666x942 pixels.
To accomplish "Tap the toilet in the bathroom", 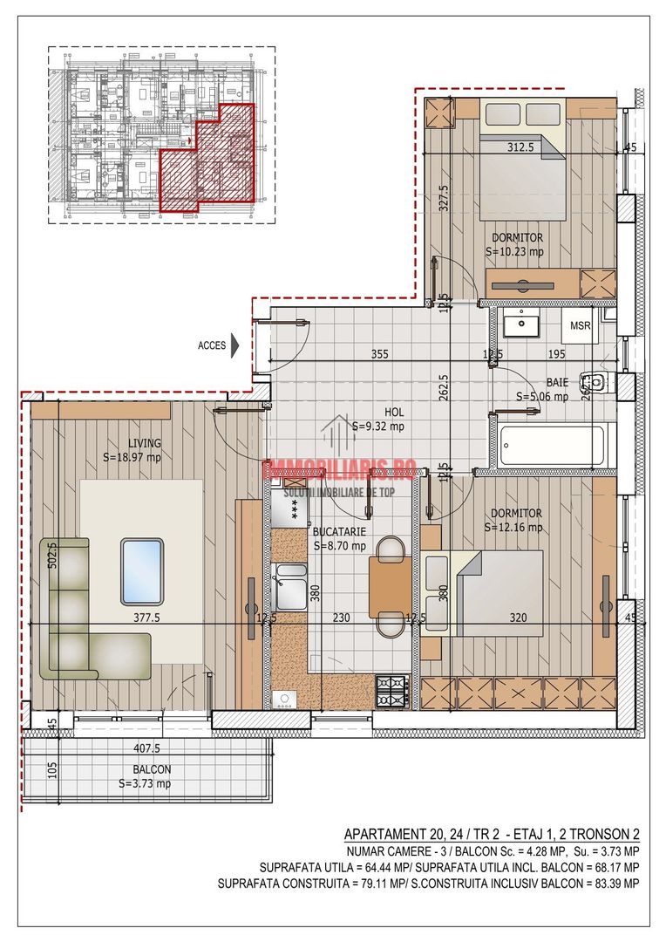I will tap(597, 380).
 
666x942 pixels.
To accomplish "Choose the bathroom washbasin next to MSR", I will tap(521, 324).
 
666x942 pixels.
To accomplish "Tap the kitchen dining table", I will tap(391, 586).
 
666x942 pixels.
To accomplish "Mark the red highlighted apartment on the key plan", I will tap(207, 161).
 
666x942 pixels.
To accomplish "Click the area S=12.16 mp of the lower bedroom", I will tap(514, 527).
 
